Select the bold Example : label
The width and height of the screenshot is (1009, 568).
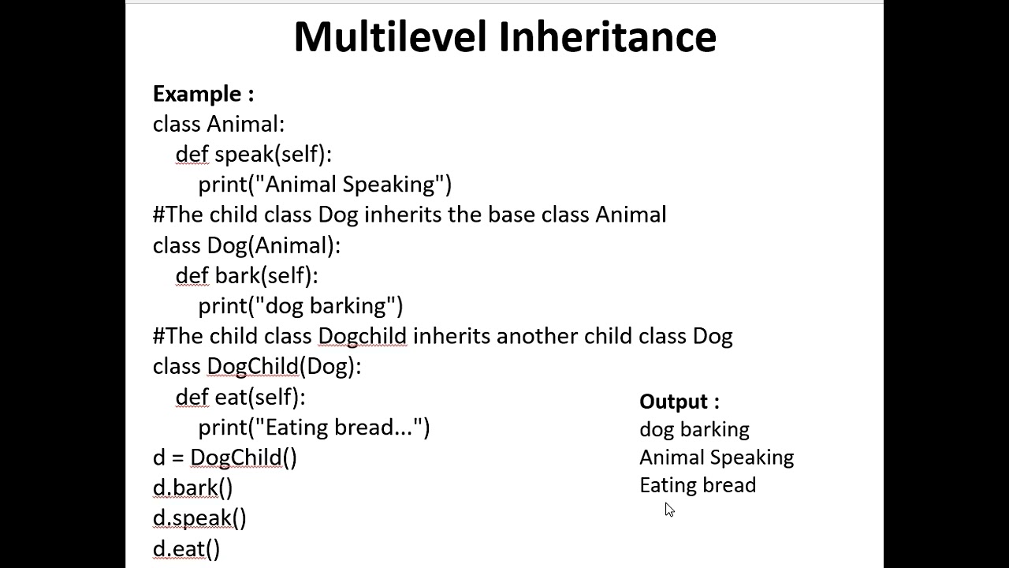click(203, 94)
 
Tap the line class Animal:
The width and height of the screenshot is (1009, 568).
click(218, 124)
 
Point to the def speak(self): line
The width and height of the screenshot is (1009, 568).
click(253, 154)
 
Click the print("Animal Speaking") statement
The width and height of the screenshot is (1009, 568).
click(325, 185)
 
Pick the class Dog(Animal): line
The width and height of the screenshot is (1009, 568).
click(246, 245)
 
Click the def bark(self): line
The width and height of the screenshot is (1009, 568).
click(246, 275)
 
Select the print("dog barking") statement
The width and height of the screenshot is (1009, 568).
click(300, 306)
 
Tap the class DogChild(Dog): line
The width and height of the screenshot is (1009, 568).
click(256, 367)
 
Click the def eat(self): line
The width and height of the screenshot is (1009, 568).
click(240, 397)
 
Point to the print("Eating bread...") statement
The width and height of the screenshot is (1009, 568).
click(314, 428)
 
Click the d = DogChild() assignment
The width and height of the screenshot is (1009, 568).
click(225, 458)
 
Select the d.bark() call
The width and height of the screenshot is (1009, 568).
click(192, 488)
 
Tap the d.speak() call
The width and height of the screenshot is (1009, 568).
click(199, 518)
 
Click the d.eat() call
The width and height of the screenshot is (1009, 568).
click(186, 549)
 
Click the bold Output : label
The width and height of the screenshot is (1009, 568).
click(679, 402)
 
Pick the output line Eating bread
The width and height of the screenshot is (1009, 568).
click(698, 485)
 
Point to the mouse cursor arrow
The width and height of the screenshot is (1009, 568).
click(669, 510)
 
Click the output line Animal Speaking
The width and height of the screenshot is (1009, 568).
click(716, 458)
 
